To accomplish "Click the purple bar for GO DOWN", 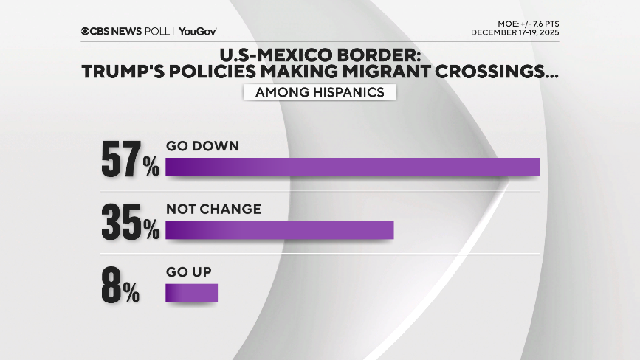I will [x=352, y=167].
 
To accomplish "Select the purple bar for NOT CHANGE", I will [x=280, y=230].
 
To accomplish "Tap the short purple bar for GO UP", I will [x=192, y=294].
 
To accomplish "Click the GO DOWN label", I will [x=202, y=146].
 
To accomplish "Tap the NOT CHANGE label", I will [x=213, y=210].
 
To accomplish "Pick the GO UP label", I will [x=189, y=272].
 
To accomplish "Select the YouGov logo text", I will [x=197, y=31].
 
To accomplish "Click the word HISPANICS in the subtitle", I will [x=351, y=92].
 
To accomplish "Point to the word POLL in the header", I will [x=157, y=31].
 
